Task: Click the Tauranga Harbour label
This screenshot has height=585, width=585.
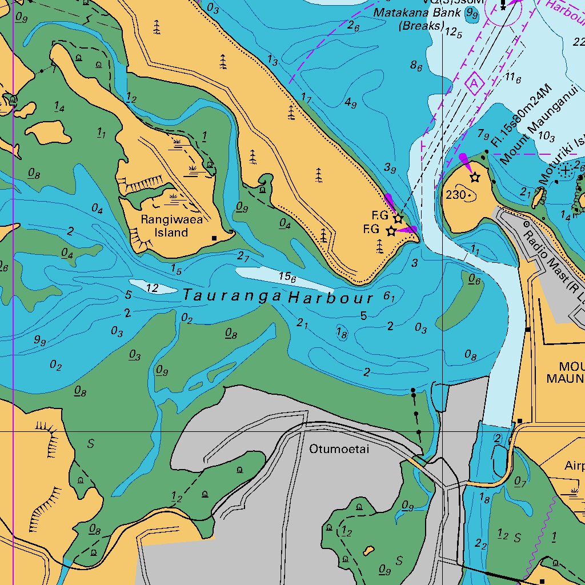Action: (278, 297)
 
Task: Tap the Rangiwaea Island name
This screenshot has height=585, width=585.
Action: (171, 226)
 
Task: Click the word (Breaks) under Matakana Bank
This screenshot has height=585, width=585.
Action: (421, 26)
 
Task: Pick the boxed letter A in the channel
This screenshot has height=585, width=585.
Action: (474, 84)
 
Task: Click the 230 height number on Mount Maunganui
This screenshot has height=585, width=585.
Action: (456, 195)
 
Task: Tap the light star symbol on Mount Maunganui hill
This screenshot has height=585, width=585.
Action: (475, 178)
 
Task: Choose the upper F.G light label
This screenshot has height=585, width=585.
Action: (380, 215)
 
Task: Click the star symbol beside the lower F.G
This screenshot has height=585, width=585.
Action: (391, 231)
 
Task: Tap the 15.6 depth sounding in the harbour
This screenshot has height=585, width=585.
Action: (287, 277)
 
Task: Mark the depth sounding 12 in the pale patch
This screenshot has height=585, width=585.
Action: (152, 288)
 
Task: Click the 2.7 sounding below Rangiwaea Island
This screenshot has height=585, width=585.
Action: (243, 257)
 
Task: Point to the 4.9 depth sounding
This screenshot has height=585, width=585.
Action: (351, 103)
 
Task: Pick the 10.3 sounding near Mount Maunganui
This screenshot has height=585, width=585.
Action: (546, 137)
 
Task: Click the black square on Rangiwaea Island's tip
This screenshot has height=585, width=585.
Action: (214, 238)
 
